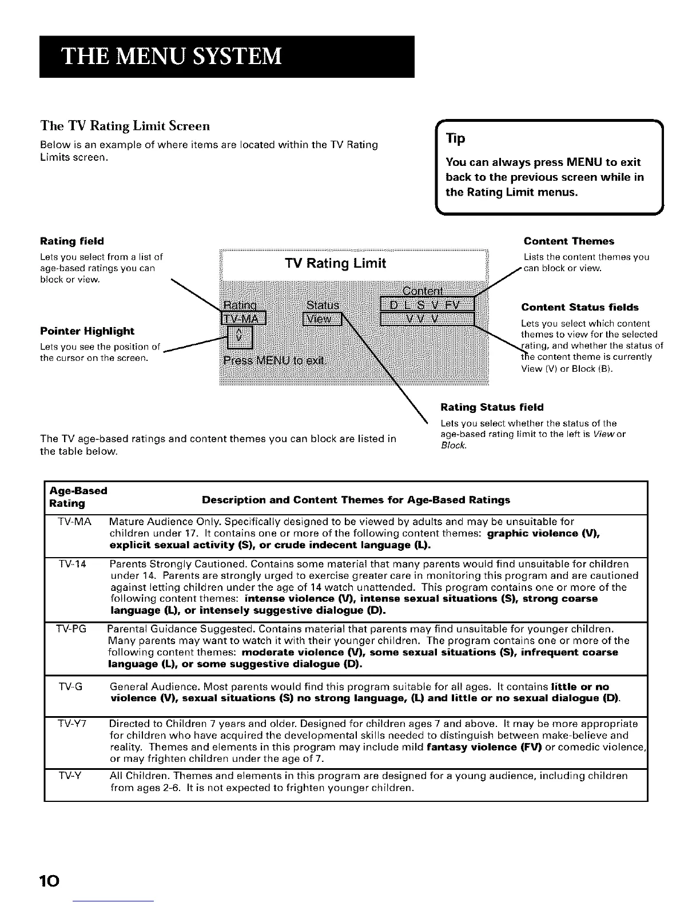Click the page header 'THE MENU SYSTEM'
(x=172, y=57)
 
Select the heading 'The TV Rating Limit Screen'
(x=125, y=125)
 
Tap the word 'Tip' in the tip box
(x=456, y=139)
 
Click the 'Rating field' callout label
(x=72, y=241)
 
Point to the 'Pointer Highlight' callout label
(x=87, y=331)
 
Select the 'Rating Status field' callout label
(x=492, y=407)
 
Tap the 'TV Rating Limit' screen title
(x=335, y=263)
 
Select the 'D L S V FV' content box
(x=427, y=304)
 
